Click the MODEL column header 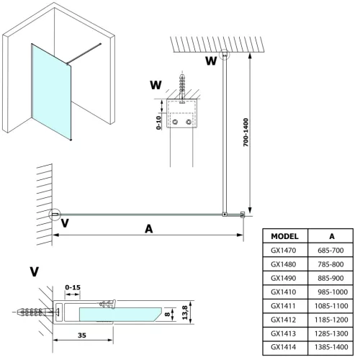click(285, 236)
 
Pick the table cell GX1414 click(285, 347)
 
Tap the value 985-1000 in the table click(332, 292)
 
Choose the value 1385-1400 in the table click(332, 347)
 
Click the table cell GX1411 click(285, 305)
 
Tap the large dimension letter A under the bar click(148, 229)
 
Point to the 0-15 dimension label click(71, 288)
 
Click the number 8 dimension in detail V click(167, 314)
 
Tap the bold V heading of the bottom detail click(35, 271)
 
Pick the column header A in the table click(332, 236)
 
